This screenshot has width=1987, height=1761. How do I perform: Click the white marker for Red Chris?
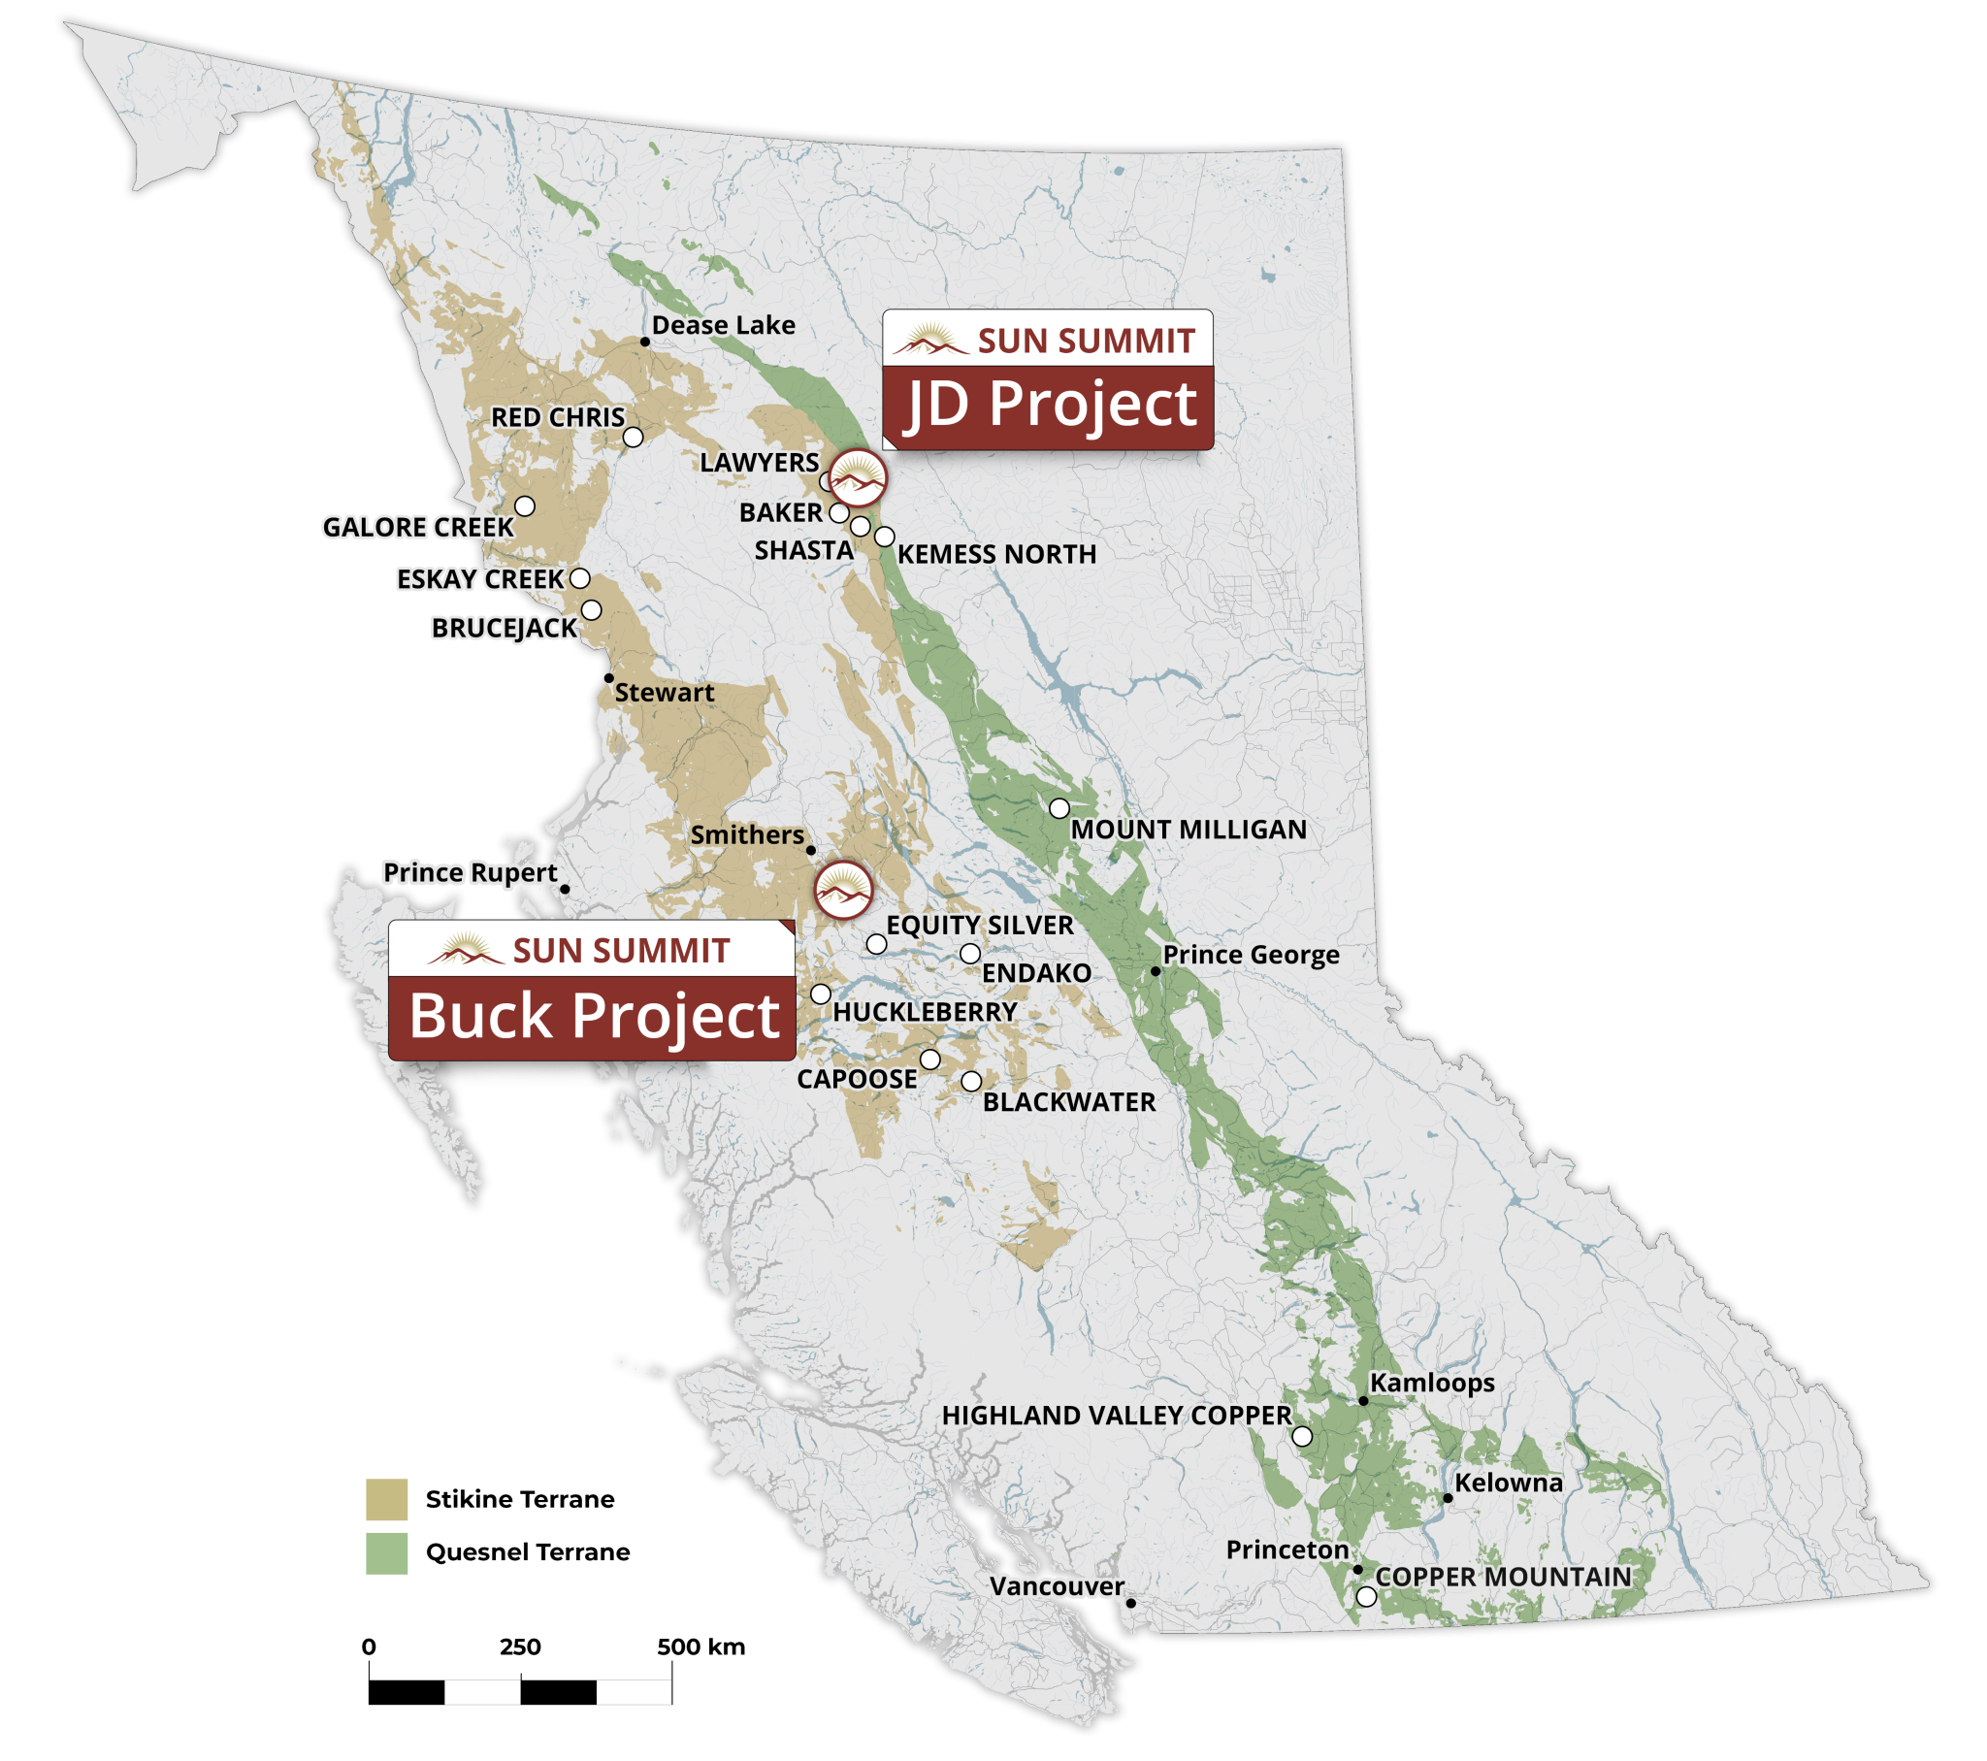(633, 437)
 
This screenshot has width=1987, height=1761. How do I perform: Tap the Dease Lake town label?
(723, 326)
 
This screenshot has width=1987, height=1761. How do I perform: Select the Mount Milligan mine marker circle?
(1059, 808)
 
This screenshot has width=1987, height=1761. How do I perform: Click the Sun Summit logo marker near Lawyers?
(858, 477)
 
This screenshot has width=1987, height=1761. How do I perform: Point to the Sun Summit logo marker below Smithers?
(843, 890)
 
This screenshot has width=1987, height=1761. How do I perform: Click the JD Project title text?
(1050, 405)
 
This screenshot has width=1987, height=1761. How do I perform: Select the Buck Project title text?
(594, 1017)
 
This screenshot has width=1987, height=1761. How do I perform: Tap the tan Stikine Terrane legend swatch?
(386, 1498)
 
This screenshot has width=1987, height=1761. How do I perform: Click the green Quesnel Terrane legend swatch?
(386, 1553)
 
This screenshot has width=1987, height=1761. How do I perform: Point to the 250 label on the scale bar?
(520, 1647)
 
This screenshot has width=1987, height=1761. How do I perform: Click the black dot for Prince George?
(1155, 970)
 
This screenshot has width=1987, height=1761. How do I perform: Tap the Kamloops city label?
(1431, 1383)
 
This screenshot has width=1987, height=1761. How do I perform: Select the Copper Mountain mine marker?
(1366, 1596)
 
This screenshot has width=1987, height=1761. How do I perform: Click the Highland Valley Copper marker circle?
(1302, 1436)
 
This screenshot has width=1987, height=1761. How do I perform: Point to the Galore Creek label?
(417, 527)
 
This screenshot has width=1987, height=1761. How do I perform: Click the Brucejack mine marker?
(591, 610)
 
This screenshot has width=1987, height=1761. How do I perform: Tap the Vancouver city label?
(1057, 1586)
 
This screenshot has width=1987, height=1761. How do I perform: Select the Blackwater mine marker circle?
(971, 1081)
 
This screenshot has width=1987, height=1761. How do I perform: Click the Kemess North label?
(996, 554)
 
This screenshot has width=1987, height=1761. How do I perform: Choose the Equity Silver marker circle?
(876, 944)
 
